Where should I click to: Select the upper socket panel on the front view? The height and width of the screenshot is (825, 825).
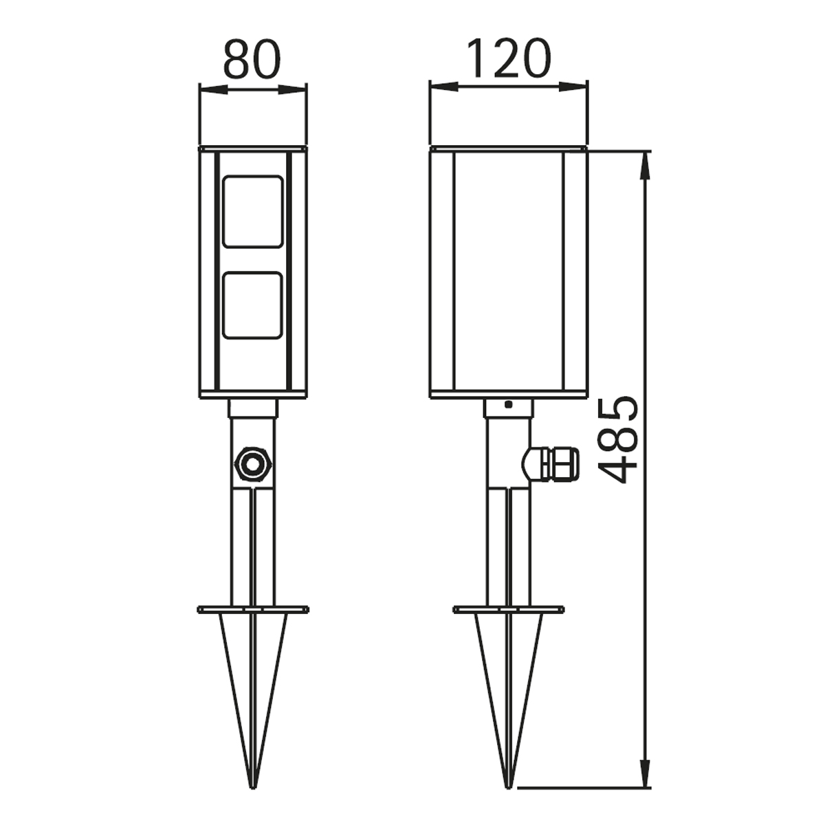click(x=252, y=212)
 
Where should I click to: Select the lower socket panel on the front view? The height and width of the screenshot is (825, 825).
click(x=252, y=305)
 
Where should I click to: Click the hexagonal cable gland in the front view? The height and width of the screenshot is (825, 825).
click(x=252, y=465)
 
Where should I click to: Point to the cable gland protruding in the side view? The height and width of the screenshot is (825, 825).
click(x=550, y=465)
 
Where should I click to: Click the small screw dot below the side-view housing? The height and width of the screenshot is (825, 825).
click(x=508, y=404)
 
